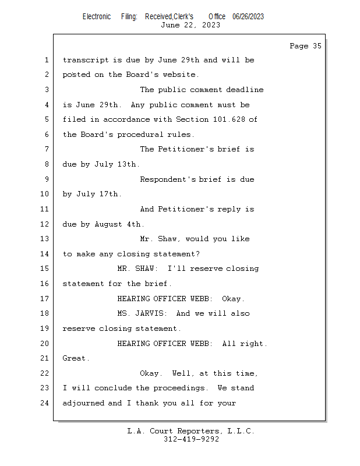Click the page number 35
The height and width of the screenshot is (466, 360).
(317, 46)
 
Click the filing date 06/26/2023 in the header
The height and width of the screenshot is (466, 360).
(248, 17)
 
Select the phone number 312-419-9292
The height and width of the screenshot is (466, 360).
(191, 439)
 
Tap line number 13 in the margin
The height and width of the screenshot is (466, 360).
(44, 239)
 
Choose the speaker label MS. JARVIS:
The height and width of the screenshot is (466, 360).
(142, 313)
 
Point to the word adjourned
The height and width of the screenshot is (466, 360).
(83, 403)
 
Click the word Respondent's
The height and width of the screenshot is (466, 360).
(168, 179)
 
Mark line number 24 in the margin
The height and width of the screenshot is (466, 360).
(44, 403)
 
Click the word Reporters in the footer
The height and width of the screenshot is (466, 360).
(198, 431)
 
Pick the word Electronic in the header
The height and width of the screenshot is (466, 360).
(97, 17)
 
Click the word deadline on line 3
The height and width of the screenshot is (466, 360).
(245, 90)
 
